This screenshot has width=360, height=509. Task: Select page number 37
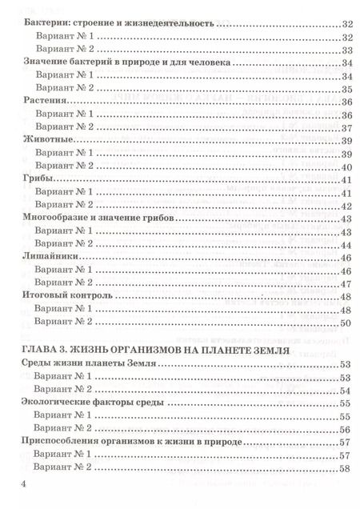coord(346,128)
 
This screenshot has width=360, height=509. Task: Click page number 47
coord(346,283)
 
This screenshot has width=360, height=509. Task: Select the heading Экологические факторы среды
coord(91,402)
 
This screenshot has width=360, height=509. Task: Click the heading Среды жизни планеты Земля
coord(86,363)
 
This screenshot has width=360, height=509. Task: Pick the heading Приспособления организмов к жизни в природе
coord(128,441)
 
